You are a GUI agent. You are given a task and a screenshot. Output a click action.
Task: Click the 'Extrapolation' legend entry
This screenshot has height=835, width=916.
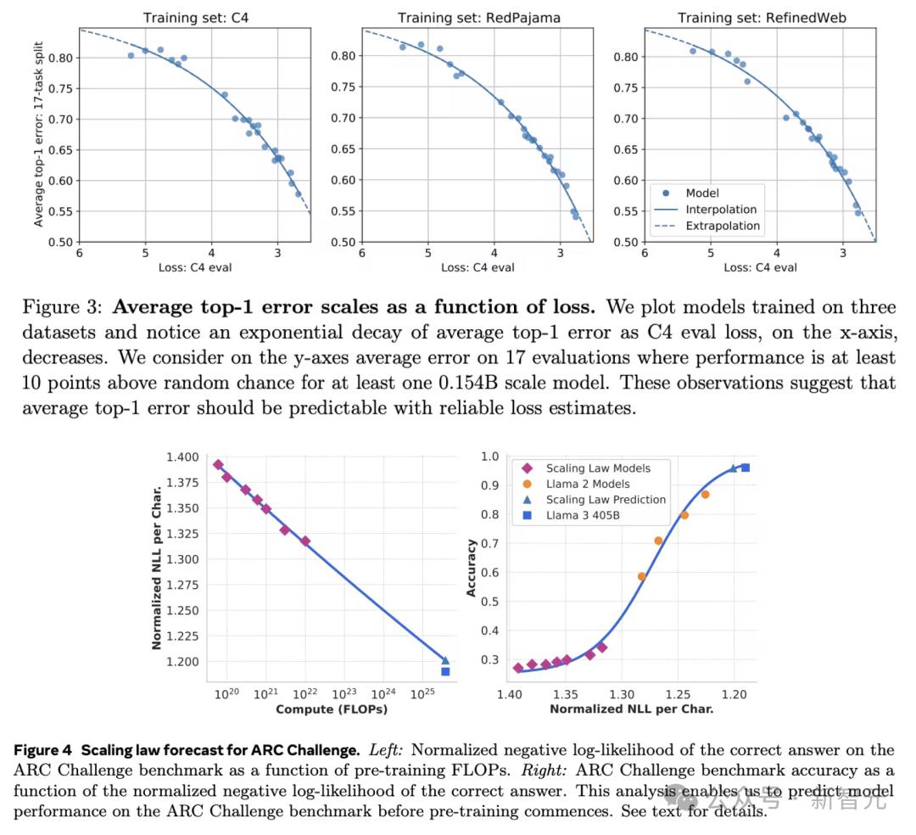coord(723,226)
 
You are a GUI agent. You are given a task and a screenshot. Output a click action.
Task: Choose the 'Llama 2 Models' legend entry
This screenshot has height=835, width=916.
coord(588,484)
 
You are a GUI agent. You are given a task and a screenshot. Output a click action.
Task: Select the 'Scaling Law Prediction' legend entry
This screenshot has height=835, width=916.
coord(606,500)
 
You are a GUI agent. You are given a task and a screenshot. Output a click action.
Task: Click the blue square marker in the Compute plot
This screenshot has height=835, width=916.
coord(445,671)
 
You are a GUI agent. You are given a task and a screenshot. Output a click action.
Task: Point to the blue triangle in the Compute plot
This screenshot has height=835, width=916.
coord(445,659)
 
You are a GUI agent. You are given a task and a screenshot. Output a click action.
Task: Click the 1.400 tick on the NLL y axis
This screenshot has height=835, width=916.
coord(182,457)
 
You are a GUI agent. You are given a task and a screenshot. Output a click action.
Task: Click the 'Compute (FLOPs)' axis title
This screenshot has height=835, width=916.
coord(331,709)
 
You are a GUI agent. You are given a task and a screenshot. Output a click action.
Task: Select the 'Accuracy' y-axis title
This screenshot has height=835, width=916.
coord(472,570)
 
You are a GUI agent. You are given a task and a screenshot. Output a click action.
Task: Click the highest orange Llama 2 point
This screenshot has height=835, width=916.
coord(705,494)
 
